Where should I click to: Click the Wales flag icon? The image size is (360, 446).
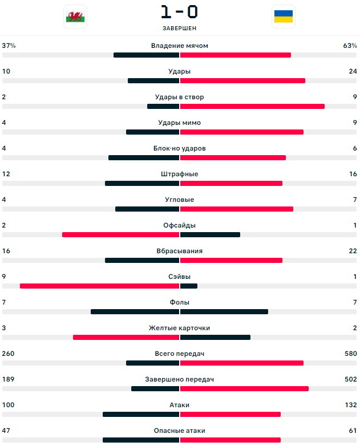[75, 17]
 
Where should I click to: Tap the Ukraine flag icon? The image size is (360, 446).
[283, 17]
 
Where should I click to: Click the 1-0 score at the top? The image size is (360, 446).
[179, 12]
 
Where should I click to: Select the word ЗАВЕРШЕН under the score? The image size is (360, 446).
[179, 28]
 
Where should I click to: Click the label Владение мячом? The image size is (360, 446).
[179, 46]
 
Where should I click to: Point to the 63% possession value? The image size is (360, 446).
[350, 46]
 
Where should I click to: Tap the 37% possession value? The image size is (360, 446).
[9, 46]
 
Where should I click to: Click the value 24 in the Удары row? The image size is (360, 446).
[353, 71]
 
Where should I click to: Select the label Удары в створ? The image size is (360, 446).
[179, 97]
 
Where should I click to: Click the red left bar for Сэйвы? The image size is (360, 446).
[99, 286]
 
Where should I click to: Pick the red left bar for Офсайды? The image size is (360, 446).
[120, 234]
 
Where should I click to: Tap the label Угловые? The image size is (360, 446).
[179, 200]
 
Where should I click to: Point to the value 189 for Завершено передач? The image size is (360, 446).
[9, 379]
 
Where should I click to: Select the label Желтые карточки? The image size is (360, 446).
[179, 328]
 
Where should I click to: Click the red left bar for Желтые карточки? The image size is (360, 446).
[126, 337]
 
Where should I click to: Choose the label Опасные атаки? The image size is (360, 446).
[179, 431]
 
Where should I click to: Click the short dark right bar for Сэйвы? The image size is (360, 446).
[189, 286]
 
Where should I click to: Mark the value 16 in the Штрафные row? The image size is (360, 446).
[353, 174]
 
